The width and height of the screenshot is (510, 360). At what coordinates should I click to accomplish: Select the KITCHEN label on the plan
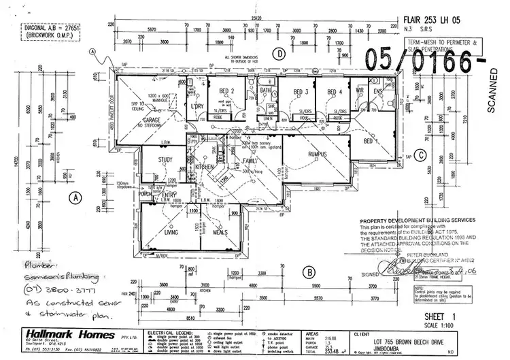(204, 167)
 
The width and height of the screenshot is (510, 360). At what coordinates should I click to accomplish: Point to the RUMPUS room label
(317, 154)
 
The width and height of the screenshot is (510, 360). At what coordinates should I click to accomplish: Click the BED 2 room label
(227, 91)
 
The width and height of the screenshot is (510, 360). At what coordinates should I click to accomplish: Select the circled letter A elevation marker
(75, 199)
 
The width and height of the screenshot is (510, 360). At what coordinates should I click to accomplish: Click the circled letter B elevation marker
(310, 273)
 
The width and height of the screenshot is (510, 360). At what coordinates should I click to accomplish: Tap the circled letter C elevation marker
(422, 154)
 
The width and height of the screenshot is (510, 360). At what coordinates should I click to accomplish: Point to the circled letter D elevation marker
(277, 53)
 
